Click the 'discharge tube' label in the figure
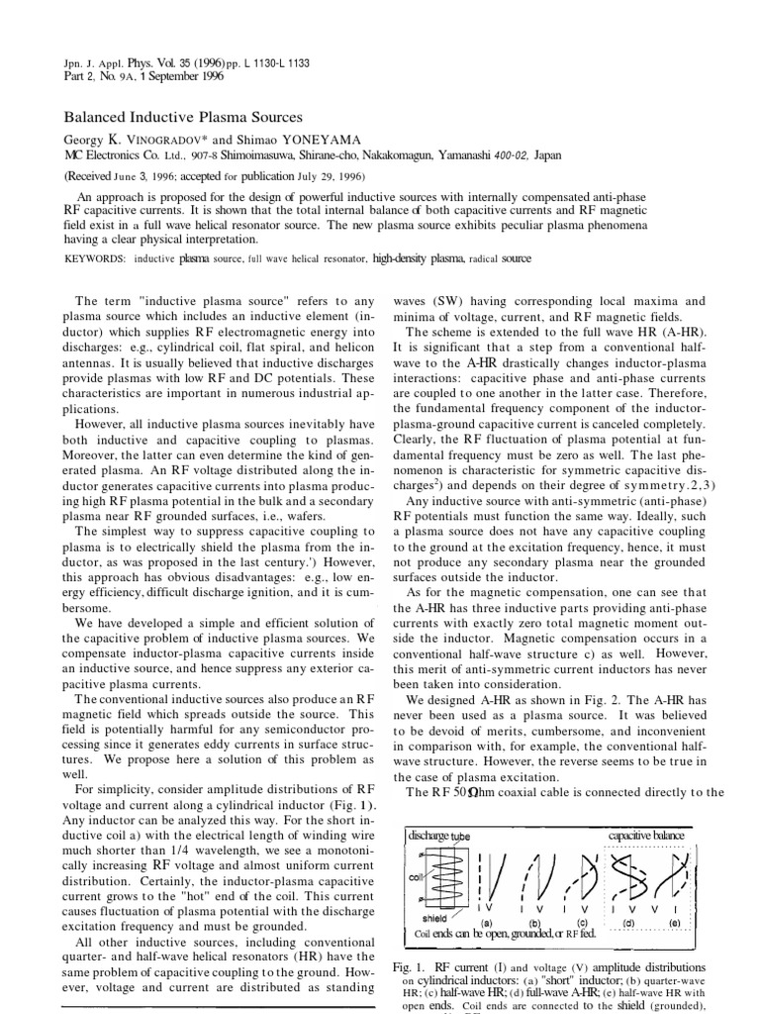click(443, 836)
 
